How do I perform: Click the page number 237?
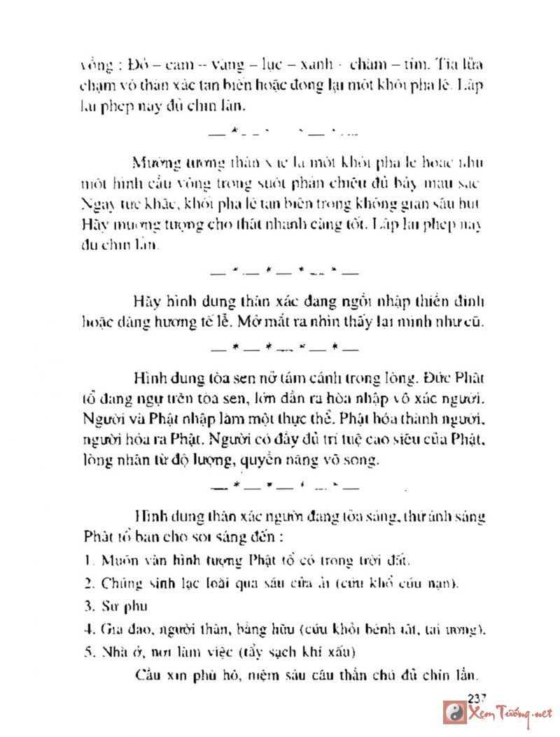[x=476, y=697]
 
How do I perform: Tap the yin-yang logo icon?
[x=454, y=714]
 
